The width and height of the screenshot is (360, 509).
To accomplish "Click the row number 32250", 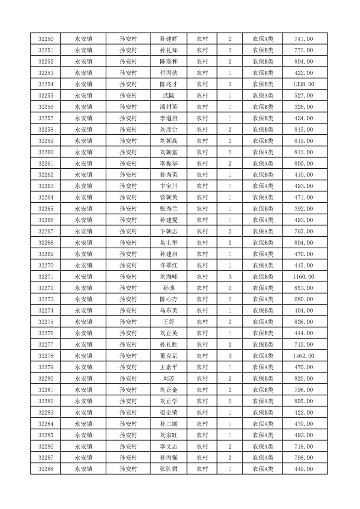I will click(46, 39).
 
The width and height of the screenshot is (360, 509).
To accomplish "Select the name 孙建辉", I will click(168, 39).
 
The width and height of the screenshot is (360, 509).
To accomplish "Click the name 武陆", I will click(168, 96).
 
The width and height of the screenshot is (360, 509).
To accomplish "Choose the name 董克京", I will click(168, 356).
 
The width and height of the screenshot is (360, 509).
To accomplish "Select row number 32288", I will click(46, 469).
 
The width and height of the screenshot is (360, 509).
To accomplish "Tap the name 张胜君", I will click(168, 469).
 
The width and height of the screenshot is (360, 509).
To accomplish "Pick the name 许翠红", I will click(168, 265).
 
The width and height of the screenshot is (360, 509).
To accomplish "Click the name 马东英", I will click(168, 311).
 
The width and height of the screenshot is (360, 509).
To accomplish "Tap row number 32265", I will click(46, 209).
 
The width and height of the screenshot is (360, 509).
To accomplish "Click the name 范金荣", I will click(168, 412).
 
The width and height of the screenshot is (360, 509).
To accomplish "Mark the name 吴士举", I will click(168, 243).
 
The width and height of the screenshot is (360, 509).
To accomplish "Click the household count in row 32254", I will click(230, 84).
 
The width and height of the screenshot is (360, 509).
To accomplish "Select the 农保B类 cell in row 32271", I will click(263, 277).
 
